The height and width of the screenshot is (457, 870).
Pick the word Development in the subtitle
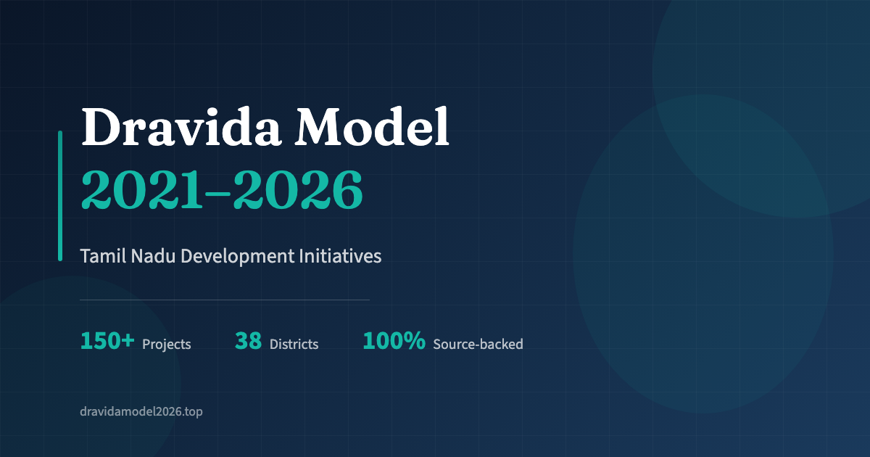point(237,257)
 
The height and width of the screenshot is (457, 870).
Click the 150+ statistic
point(107,341)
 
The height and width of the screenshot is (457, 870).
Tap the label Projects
point(167,345)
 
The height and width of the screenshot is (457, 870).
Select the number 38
point(248,341)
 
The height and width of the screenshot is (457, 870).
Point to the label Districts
point(294,345)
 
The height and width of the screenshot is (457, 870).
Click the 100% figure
point(394,341)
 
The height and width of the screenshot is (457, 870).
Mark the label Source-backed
point(478,345)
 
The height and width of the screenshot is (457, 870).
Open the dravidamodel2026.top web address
point(141,411)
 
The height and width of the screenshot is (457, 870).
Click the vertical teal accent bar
point(60,196)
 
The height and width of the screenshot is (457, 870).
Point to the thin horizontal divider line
point(225,299)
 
